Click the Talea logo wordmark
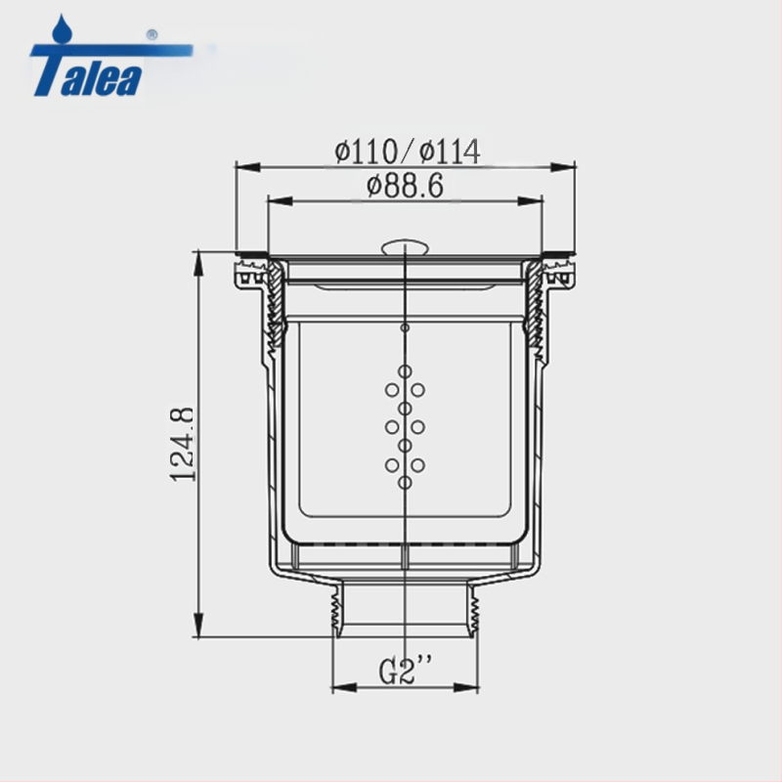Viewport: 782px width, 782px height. (87, 70)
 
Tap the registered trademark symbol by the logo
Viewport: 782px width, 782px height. (152, 35)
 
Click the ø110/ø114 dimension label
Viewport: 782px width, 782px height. (408, 152)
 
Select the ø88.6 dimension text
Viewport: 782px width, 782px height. (405, 186)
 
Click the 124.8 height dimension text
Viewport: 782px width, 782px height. (182, 445)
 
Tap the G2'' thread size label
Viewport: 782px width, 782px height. (405, 670)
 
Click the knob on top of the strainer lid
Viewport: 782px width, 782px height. (405, 247)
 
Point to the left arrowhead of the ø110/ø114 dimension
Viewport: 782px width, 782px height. (248, 167)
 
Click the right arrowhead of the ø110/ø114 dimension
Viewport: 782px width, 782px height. (563, 167)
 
